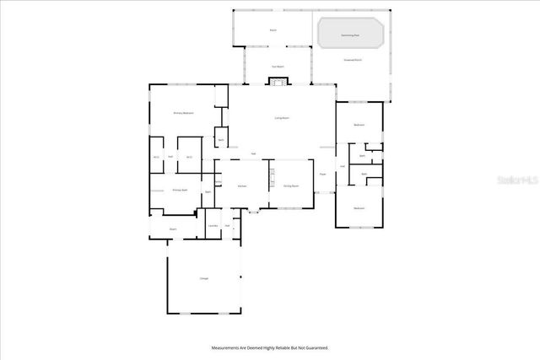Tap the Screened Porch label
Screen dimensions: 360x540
(x=353, y=61)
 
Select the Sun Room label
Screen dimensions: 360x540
(x=277, y=66)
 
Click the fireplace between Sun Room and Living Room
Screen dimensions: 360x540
(x=277, y=82)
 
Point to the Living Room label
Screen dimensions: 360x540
(x=282, y=118)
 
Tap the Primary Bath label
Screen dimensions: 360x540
(x=179, y=191)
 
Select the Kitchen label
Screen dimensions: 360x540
(x=241, y=185)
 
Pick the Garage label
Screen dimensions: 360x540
(x=203, y=278)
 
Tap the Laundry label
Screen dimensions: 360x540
(x=213, y=225)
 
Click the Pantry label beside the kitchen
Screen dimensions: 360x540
(x=218, y=181)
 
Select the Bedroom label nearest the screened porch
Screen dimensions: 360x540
(x=359, y=125)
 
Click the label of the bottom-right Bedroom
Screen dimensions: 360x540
(x=359, y=208)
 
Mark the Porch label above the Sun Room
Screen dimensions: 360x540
(x=273, y=30)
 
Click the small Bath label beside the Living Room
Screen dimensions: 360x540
(x=220, y=140)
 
